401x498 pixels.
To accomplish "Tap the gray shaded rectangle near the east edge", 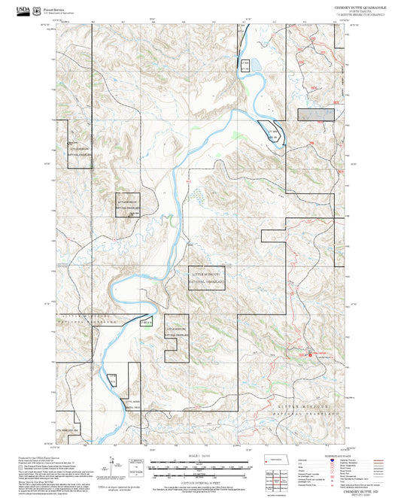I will [316, 114].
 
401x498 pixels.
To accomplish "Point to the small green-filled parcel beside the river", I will [147, 322].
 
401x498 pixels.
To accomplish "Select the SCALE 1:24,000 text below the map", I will [199, 456].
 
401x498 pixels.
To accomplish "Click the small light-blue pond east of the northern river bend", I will [253, 66].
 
